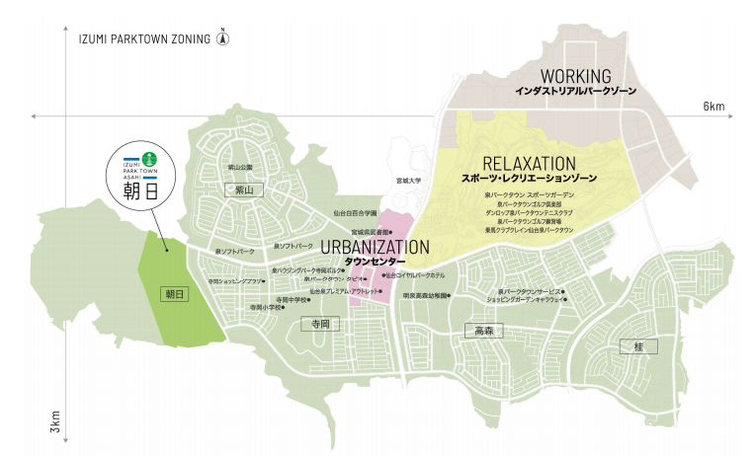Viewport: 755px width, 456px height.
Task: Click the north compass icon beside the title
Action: point(223,39)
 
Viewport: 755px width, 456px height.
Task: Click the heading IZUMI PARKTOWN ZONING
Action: point(144,40)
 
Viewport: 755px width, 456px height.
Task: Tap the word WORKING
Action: point(575,76)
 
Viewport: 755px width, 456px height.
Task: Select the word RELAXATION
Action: point(529,163)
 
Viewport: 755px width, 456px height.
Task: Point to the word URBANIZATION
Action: point(376,247)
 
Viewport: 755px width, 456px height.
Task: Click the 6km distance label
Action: point(713,105)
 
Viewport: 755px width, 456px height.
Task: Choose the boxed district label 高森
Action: point(483,331)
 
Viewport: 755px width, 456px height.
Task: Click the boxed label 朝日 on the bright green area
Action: point(175,294)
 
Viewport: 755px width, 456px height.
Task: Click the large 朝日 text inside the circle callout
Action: point(140,191)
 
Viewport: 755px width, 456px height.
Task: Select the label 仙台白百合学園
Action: point(355,213)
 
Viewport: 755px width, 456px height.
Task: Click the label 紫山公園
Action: point(241,168)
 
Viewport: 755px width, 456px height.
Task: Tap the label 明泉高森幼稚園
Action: point(426,295)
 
